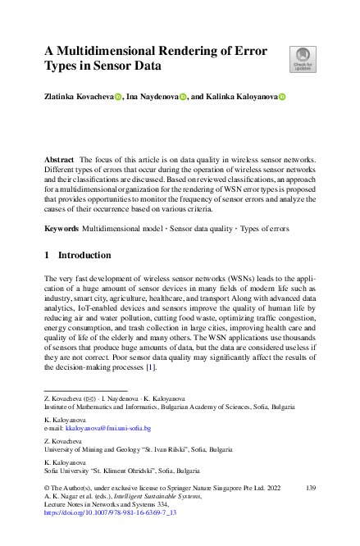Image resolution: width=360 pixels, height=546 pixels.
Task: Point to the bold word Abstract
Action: (x=60, y=156)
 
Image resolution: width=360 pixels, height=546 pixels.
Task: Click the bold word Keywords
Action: (x=62, y=226)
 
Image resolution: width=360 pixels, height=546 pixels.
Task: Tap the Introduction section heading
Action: (x=91, y=255)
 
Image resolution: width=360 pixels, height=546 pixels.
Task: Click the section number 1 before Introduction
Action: (x=47, y=255)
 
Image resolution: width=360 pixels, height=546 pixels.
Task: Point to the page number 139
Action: (x=309, y=487)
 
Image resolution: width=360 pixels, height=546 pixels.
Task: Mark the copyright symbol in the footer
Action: (x=48, y=487)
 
